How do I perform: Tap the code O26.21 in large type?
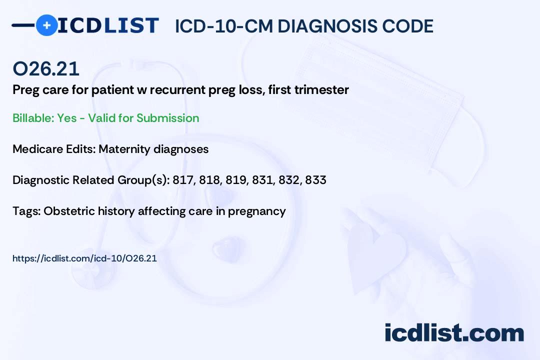coord(46,69)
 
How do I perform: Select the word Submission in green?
coord(167,118)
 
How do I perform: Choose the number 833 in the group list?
coord(315,180)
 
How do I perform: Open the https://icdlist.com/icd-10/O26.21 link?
coord(84,258)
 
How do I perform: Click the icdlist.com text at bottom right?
coord(454,333)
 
